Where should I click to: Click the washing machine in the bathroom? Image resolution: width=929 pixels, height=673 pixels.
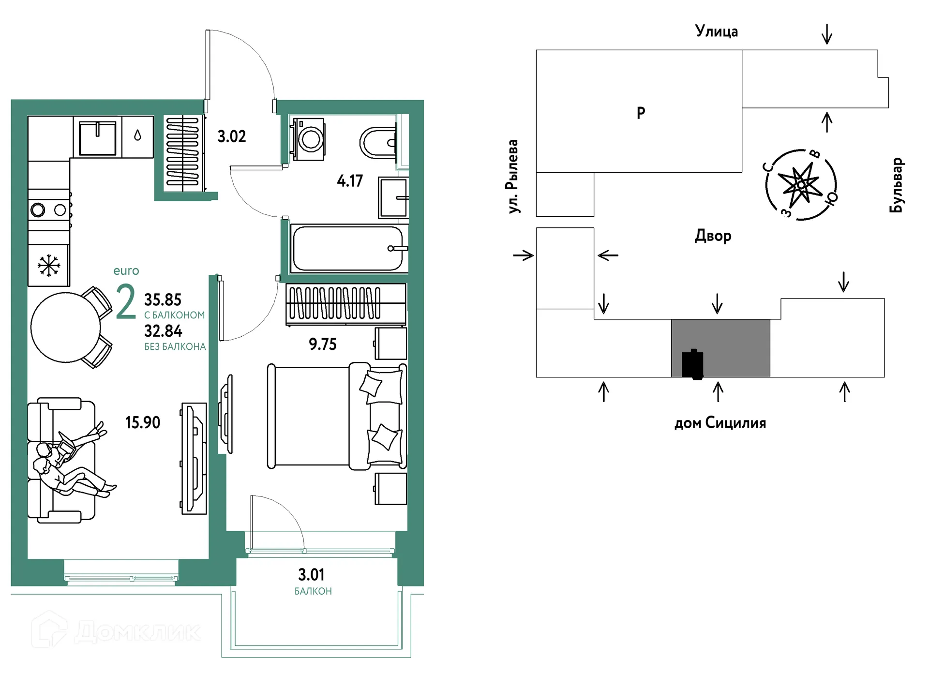tap(308, 138)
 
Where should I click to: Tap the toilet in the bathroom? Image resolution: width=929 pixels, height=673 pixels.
tap(378, 142)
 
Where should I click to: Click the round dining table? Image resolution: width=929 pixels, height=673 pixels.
tap(66, 328)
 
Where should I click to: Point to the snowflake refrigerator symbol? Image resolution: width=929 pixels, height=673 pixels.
tap(49, 266)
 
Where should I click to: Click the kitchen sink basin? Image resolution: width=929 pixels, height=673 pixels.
tap(98, 137)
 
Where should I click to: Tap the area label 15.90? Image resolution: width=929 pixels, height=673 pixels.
tap(143, 422)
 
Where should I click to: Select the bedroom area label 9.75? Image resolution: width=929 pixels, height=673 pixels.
tap(323, 344)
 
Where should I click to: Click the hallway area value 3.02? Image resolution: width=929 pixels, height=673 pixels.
tap(232, 136)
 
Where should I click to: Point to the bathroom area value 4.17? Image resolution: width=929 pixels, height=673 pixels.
tap(350, 181)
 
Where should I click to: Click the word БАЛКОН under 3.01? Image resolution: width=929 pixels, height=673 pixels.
tap(313, 591)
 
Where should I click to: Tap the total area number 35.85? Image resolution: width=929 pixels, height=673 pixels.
tap(163, 300)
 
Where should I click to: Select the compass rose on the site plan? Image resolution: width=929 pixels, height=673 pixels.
tap(801, 185)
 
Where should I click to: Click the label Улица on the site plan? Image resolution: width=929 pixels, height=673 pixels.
tap(717, 31)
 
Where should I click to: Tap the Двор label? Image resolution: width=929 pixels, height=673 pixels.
tap(713, 236)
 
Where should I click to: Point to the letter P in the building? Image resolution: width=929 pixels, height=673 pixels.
tap(641, 113)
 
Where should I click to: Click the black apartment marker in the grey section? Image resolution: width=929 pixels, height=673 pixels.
tap(692, 364)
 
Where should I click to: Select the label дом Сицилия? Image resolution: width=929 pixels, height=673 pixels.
tap(720, 423)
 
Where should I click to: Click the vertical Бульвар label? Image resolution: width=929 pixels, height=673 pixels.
tap(896, 185)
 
